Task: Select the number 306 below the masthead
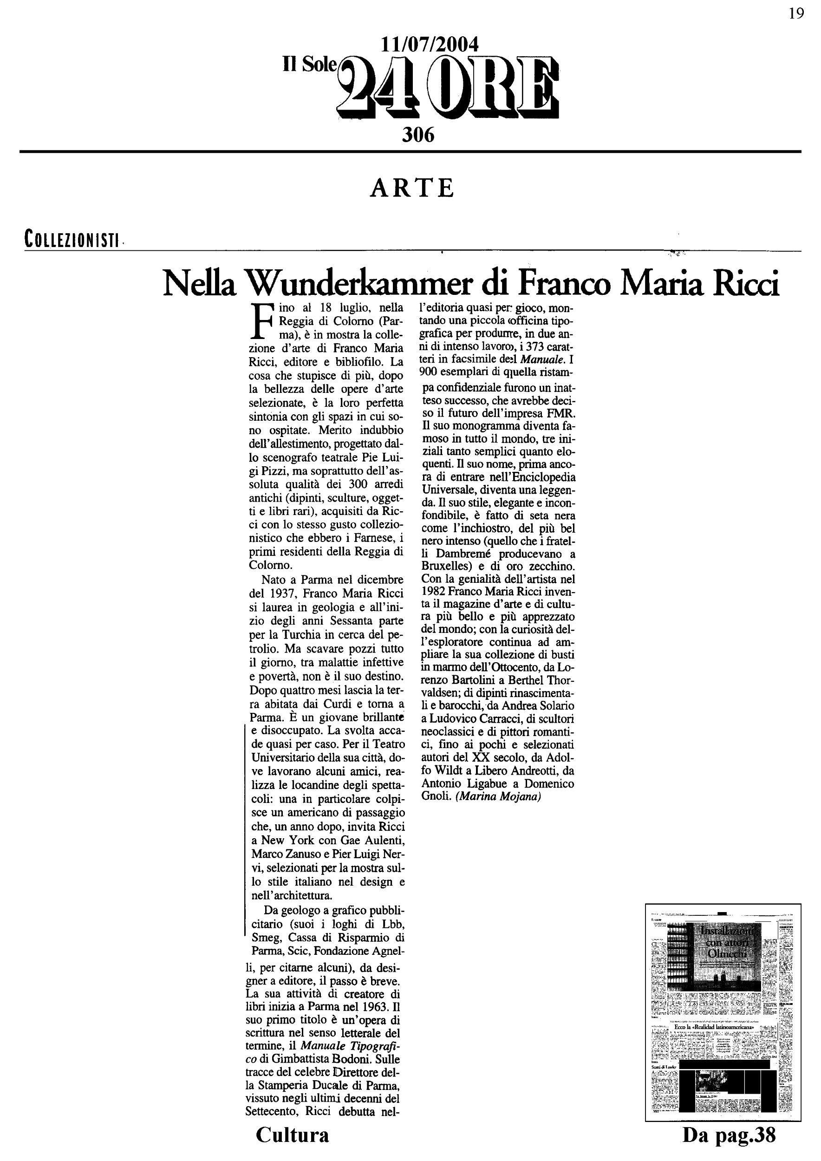point(418,135)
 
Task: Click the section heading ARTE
point(412,188)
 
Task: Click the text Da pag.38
point(729,1135)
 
